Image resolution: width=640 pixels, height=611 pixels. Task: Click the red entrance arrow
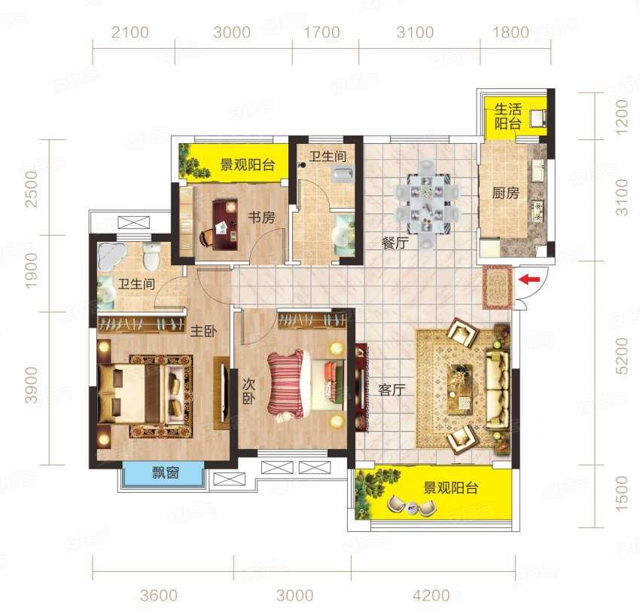click(529, 280)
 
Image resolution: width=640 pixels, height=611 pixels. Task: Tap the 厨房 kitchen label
click(505, 193)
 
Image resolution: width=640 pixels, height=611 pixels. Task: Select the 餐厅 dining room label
click(395, 243)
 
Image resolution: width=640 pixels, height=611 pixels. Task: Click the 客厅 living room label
click(392, 390)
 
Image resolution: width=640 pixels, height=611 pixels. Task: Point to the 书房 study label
click(261, 217)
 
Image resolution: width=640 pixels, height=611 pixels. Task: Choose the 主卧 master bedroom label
click(204, 331)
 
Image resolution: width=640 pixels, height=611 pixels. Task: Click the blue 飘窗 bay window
click(163, 474)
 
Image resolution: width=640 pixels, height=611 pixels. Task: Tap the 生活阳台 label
click(507, 117)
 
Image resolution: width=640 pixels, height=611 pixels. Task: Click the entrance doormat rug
click(498, 287)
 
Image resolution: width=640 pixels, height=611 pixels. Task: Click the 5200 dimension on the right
click(621, 356)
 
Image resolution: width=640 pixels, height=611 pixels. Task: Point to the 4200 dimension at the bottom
click(431, 595)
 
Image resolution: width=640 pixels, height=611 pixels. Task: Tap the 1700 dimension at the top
click(322, 32)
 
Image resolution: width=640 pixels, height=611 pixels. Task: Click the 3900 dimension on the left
click(32, 385)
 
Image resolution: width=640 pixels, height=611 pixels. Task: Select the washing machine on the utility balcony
click(538, 118)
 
